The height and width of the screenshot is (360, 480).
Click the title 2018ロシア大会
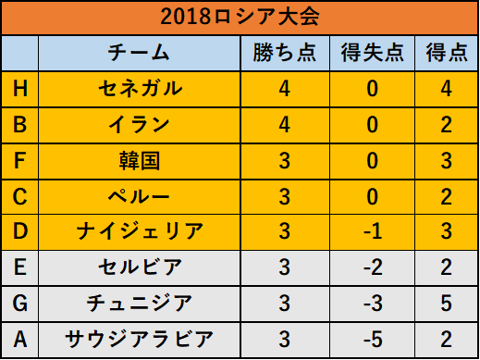pyautogui.click(x=240, y=17)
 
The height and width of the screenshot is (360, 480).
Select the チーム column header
pyautogui.click(x=139, y=53)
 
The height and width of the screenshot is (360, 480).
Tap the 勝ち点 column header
pyautogui.click(x=285, y=53)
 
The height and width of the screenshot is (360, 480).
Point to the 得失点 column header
pyautogui.click(x=373, y=53)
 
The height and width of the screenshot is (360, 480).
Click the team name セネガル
pyautogui.click(x=141, y=89)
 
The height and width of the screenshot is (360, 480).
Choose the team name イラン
pyautogui.click(x=139, y=125)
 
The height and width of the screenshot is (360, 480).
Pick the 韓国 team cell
pyautogui.click(x=140, y=161)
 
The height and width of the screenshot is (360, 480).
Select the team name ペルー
pyautogui.click(x=139, y=196)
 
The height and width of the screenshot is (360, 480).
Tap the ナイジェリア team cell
pyautogui.click(x=140, y=231)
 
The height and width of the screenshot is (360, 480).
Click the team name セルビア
pyautogui.click(x=141, y=267)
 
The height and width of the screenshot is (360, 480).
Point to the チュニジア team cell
pyautogui.click(x=140, y=303)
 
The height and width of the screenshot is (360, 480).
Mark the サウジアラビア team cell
pyautogui.click(x=140, y=339)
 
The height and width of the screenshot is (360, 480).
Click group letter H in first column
pyautogui.click(x=20, y=89)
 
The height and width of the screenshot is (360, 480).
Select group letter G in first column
pyautogui.click(x=20, y=303)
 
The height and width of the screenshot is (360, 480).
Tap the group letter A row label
pyautogui.click(x=20, y=339)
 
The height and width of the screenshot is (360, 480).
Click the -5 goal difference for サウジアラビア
pyautogui.click(x=373, y=340)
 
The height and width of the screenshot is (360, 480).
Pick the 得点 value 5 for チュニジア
pyautogui.click(x=446, y=304)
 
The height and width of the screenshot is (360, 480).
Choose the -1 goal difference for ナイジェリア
pyautogui.click(x=373, y=231)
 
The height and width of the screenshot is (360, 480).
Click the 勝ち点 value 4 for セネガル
pyautogui.click(x=284, y=89)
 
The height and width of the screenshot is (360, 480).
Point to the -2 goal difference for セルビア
pyautogui.click(x=373, y=267)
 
